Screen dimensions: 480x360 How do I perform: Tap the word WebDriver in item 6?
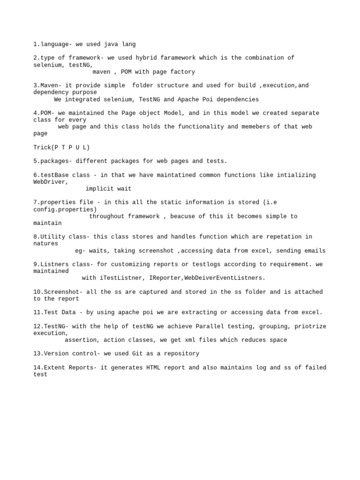pos(51,182)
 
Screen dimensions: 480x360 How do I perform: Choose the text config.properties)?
pos(65,210)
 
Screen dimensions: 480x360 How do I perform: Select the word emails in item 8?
pos(313,251)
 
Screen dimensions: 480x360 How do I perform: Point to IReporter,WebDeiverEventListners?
pos(207,278)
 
